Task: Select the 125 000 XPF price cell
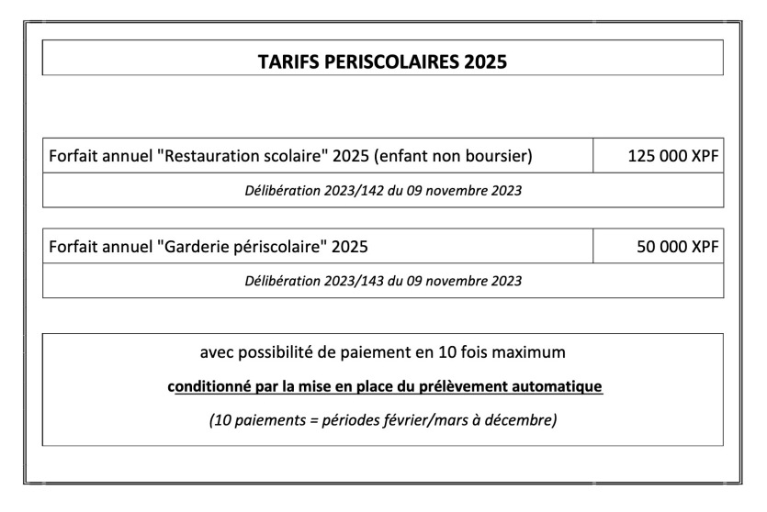(x=672, y=156)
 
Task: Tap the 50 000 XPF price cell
(x=677, y=246)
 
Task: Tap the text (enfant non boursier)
(x=454, y=156)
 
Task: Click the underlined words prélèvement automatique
(x=527, y=386)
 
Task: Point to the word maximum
(x=534, y=351)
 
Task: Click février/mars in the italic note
(x=422, y=420)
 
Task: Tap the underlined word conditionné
(x=204, y=386)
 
